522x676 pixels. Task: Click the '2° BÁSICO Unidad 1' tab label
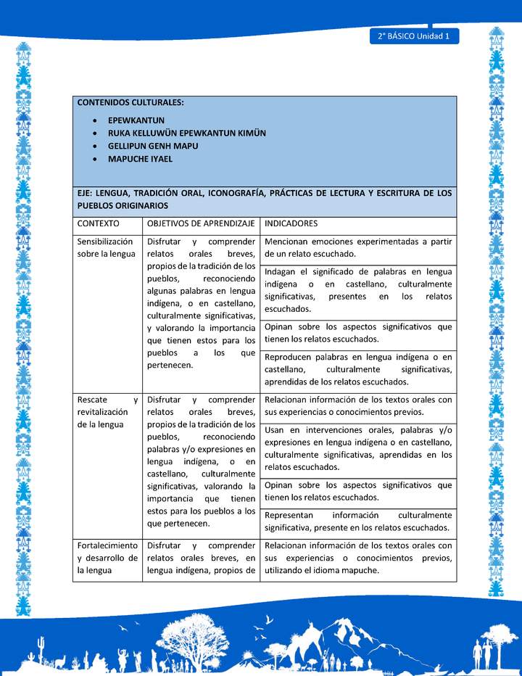click(413, 36)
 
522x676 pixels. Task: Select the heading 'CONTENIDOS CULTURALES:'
click(130, 103)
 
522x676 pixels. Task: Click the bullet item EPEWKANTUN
click(136, 120)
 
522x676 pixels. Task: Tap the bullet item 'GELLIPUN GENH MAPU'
click(153, 146)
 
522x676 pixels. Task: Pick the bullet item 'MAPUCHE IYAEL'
click(140, 158)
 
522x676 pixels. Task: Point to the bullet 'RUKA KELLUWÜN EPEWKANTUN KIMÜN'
click(187, 133)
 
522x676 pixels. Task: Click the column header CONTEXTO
click(99, 224)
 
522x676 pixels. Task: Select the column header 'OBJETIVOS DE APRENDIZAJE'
click(200, 224)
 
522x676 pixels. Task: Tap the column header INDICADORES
click(291, 224)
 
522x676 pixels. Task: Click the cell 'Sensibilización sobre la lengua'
click(106, 247)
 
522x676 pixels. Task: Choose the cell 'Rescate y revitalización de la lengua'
click(107, 412)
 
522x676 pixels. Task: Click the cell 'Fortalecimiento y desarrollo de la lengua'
click(107, 558)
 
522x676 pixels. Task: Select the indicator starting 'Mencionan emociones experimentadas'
click(358, 247)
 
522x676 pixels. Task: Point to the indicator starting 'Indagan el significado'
click(358, 290)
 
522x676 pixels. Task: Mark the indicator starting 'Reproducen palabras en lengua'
click(358, 369)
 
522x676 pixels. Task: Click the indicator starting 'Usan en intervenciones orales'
click(358, 448)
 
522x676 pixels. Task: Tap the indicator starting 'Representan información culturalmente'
click(358, 521)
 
